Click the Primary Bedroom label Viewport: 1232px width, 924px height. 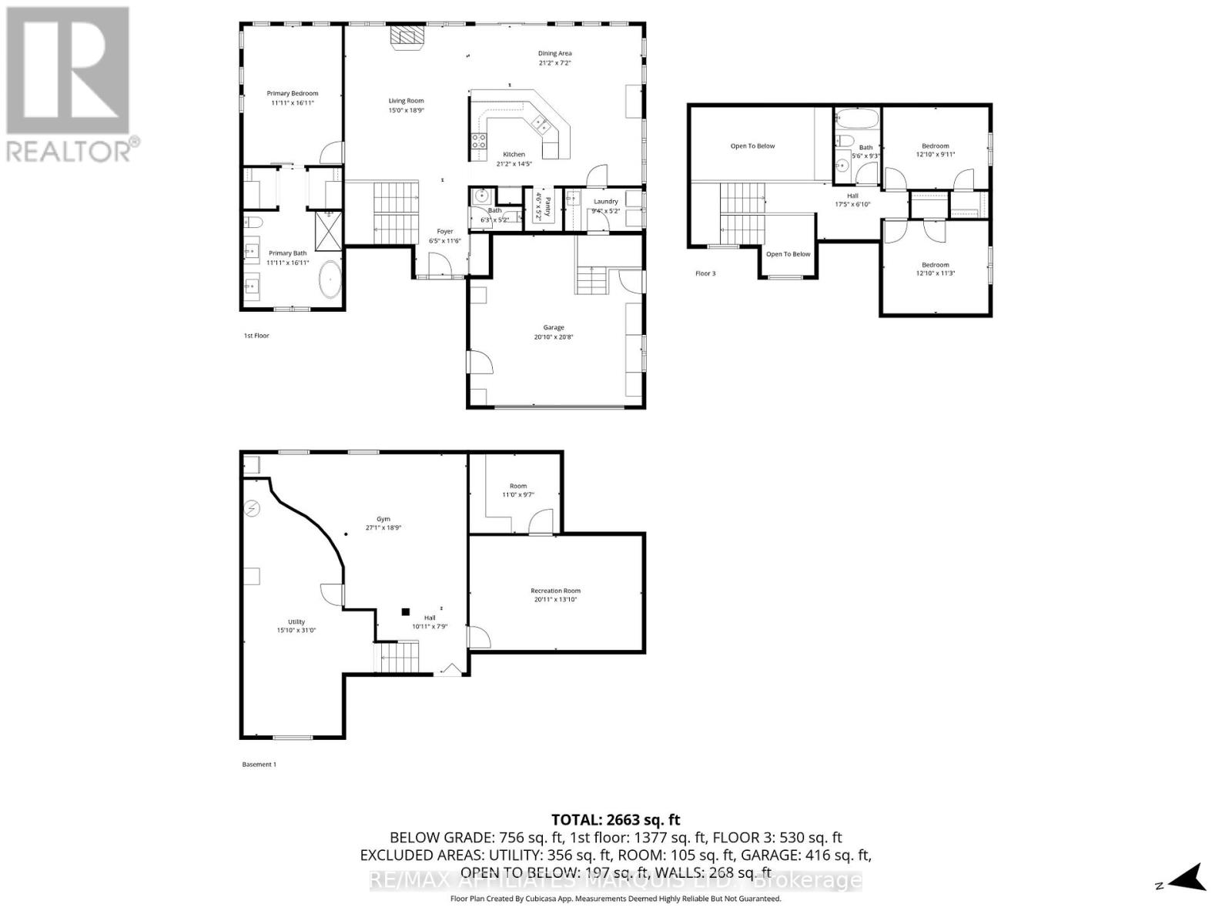click(x=292, y=94)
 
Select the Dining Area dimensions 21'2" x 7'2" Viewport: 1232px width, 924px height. click(x=554, y=63)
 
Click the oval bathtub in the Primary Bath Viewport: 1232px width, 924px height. click(x=330, y=280)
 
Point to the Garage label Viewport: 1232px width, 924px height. click(x=554, y=327)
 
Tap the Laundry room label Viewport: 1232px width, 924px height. click(x=605, y=202)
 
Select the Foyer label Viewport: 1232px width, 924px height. click(x=445, y=231)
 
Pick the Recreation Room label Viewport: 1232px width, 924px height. click(x=555, y=591)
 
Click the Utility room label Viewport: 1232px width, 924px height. click(x=296, y=622)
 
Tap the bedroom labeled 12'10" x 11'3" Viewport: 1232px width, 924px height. click(x=936, y=269)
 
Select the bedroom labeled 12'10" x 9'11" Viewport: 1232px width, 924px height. click(x=936, y=149)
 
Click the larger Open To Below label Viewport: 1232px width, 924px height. click(x=752, y=146)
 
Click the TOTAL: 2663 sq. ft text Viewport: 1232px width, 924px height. click(x=616, y=820)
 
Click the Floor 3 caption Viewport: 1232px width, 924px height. click(x=705, y=273)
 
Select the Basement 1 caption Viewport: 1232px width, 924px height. click(x=259, y=765)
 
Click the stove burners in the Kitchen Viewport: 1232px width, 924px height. click(x=478, y=140)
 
